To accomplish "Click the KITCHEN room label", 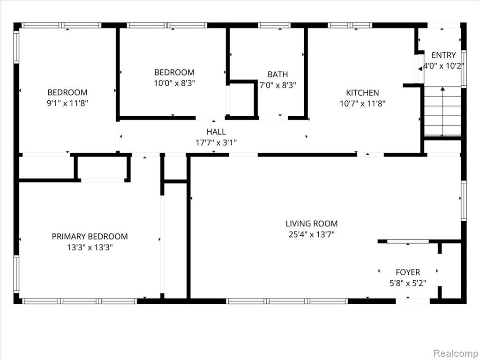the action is tap(362, 93).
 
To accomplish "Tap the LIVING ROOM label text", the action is tap(312, 224).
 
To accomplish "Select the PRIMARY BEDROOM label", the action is tap(90, 237).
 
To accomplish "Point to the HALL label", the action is tap(216, 132).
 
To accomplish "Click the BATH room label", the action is tap(277, 75).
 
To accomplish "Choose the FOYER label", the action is tap(408, 272).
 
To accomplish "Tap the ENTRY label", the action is tap(443, 55).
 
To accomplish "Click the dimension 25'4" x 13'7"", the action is tap(312, 234).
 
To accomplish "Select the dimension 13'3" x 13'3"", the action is tap(90, 247).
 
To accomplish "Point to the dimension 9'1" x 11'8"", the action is tap(67, 103).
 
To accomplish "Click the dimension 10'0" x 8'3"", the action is tap(174, 83).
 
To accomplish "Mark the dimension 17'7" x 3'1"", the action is tap(216, 142).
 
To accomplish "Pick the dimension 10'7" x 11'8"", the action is tap(362, 104).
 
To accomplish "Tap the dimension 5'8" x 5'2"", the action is tap(408, 283).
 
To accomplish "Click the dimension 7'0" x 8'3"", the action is tap(277, 85).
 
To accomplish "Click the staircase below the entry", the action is tap(442, 112).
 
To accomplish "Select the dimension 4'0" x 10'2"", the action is tap(443, 66).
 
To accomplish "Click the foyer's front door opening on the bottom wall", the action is tap(412, 301).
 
